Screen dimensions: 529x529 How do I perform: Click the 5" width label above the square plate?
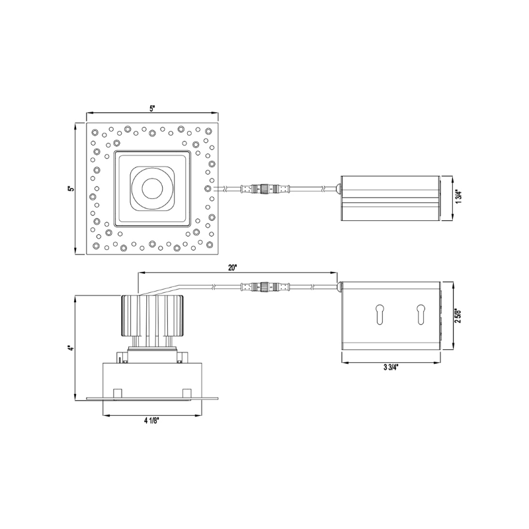(152, 108)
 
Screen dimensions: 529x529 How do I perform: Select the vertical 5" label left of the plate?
(71, 188)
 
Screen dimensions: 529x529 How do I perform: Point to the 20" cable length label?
(232, 268)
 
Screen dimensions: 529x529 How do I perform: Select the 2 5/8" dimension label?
(458, 315)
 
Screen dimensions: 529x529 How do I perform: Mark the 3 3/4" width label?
(390, 368)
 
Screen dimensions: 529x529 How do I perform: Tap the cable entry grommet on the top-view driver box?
(339, 189)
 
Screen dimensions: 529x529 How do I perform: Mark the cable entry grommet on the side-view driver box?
(339, 287)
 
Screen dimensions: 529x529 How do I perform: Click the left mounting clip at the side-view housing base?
(117, 393)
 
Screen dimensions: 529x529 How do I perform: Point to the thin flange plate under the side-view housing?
(152, 399)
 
